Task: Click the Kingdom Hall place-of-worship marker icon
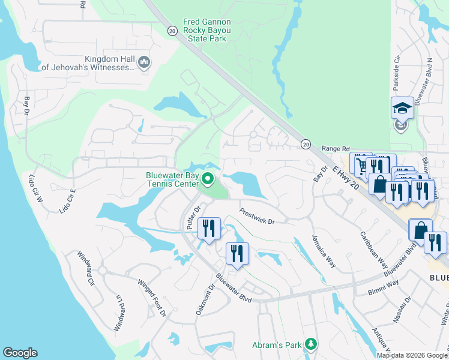coord(144,62)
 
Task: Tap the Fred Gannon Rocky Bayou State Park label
coord(199,30)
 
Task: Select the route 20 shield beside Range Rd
coord(306,144)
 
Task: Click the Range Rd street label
coord(336,148)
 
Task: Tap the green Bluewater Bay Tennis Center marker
coord(208,179)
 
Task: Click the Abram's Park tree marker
coord(310,344)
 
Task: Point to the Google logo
coord(20,353)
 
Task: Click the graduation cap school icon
coord(402,108)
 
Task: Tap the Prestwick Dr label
coord(256,217)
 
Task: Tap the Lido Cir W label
coord(35,186)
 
